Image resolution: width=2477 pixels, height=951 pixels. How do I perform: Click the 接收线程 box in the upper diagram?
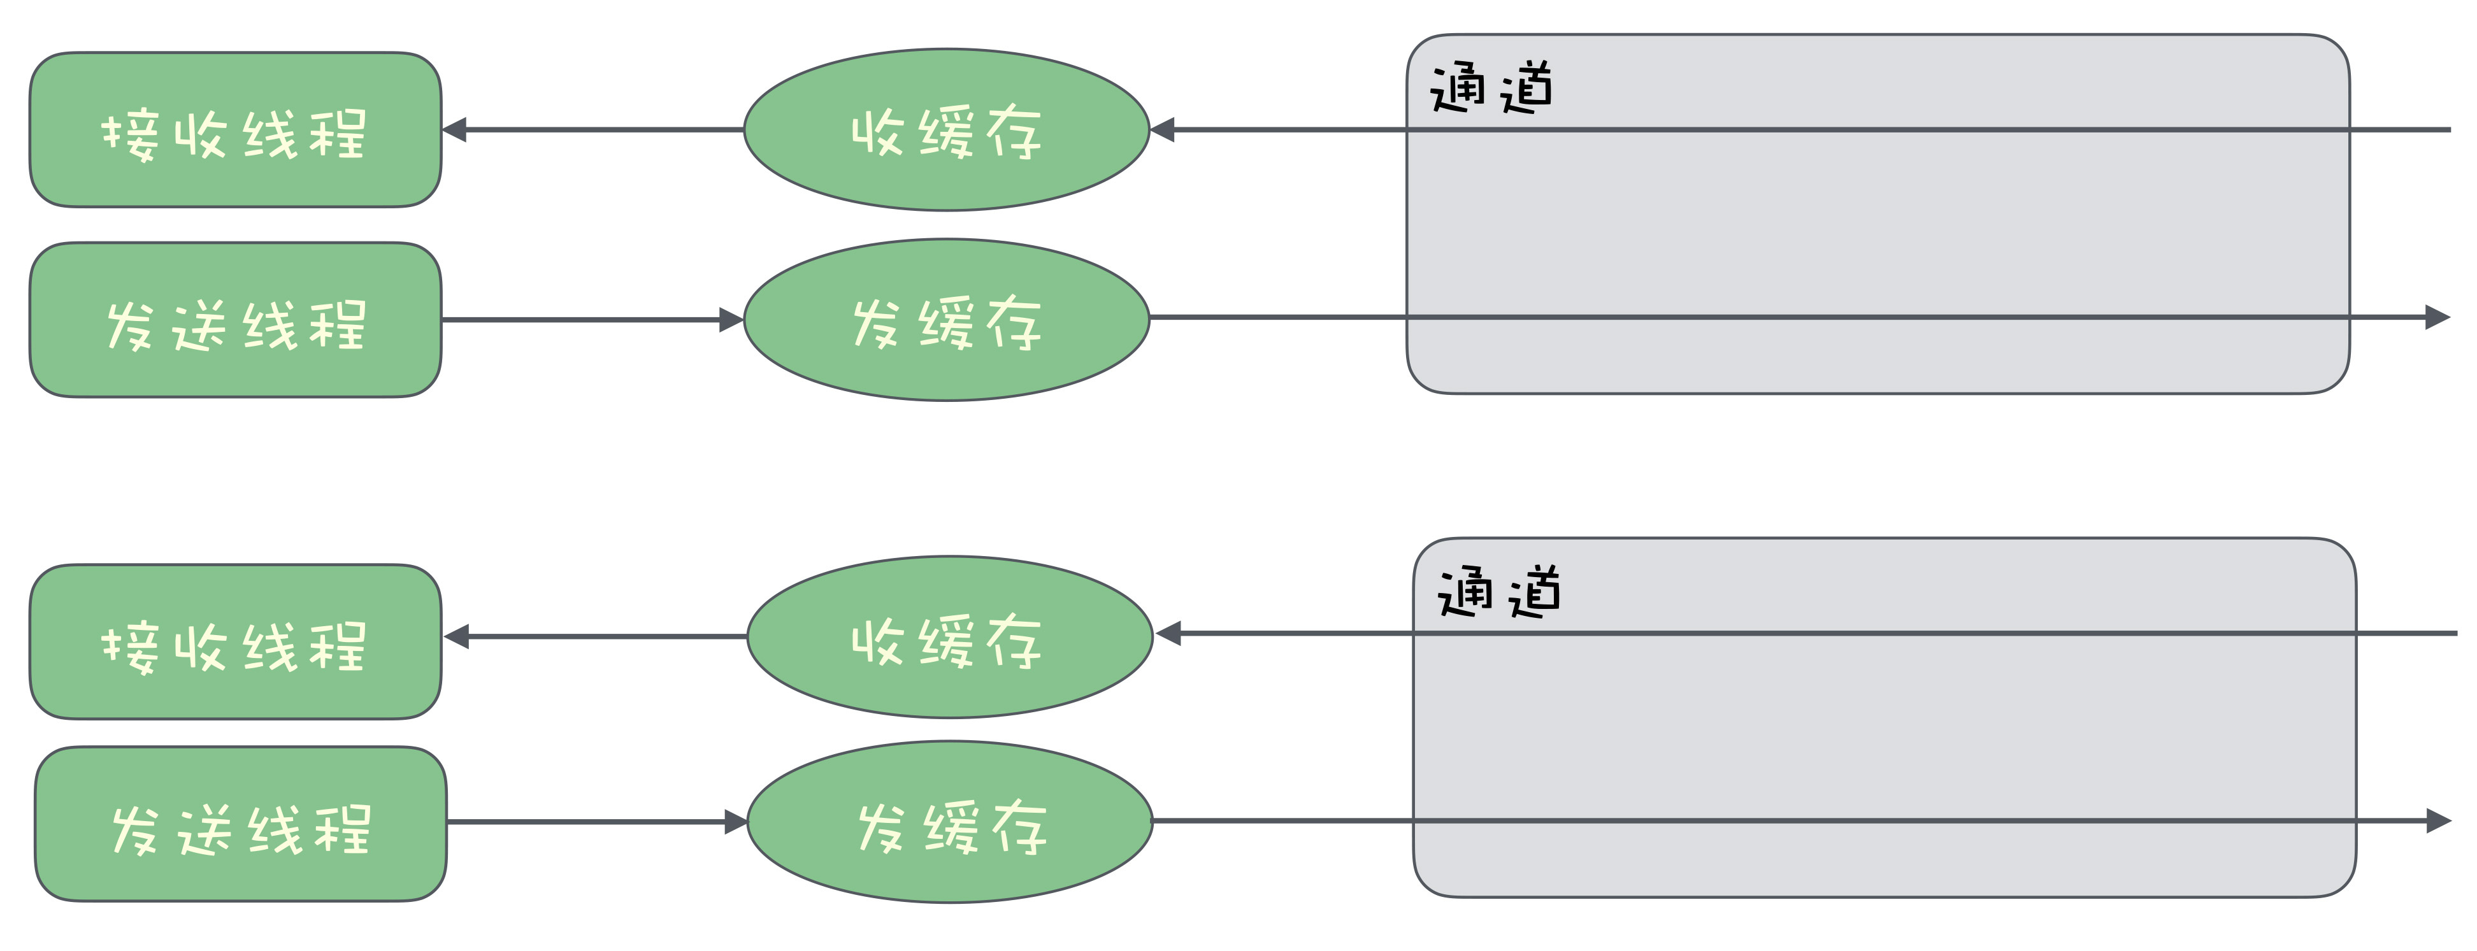pyautogui.click(x=234, y=130)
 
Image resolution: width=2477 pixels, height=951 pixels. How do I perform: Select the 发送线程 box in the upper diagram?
pyautogui.click(x=234, y=319)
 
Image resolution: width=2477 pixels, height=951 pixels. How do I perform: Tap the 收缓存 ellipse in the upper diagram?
pyautogui.click(x=946, y=130)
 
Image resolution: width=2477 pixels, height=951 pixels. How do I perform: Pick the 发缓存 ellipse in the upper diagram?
pyautogui.click(x=946, y=319)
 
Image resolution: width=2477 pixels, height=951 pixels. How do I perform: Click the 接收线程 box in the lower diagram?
pyautogui.click(x=234, y=641)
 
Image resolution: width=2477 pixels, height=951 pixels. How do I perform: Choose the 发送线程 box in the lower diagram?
pyautogui.click(x=240, y=824)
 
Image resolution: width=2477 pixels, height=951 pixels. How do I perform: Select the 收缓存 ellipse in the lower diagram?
pyautogui.click(x=949, y=636)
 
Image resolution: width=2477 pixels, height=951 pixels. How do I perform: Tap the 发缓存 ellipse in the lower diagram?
pyautogui.click(x=949, y=821)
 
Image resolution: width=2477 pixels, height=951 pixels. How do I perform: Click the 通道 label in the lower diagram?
pyautogui.click(x=1498, y=592)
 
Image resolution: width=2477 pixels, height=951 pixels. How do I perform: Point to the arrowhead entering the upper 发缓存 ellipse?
pyautogui.click(x=732, y=319)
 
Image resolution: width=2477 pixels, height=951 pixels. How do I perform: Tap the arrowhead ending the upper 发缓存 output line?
pyautogui.click(x=2438, y=317)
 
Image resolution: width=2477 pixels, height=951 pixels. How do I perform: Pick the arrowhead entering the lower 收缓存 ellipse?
pyautogui.click(x=1167, y=634)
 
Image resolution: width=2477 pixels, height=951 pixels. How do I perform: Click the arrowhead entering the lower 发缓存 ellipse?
pyautogui.click(x=736, y=822)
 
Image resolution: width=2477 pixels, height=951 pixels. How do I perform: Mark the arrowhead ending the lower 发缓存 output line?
pyautogui.click(x=2439, y=821)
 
